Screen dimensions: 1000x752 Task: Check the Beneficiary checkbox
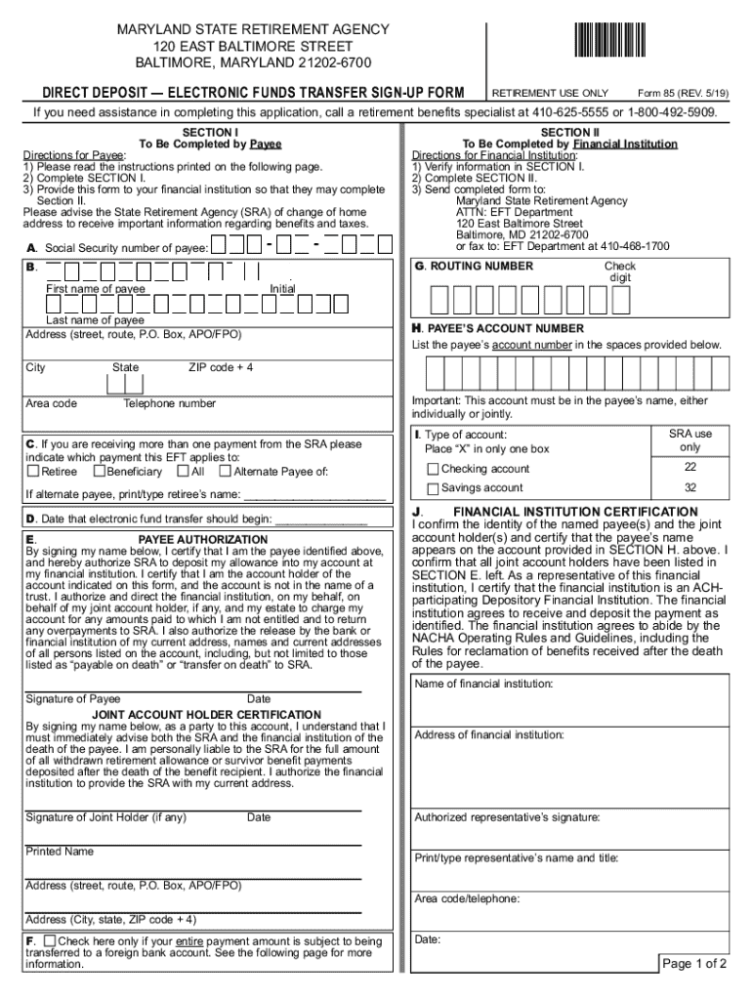99,472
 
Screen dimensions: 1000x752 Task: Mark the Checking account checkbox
433,470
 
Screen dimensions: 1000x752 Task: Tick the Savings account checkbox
433,488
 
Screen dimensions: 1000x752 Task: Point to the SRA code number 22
689,468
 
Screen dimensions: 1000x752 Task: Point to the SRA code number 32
689,487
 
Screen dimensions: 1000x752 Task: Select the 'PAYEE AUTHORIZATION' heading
202,539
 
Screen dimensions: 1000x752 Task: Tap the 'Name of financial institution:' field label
483,684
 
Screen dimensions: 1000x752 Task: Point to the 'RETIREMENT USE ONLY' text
550,93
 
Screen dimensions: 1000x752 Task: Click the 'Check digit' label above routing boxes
619,271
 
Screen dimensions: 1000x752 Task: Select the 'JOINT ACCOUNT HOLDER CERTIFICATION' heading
206,715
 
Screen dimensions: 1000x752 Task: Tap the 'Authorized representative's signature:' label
507,817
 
